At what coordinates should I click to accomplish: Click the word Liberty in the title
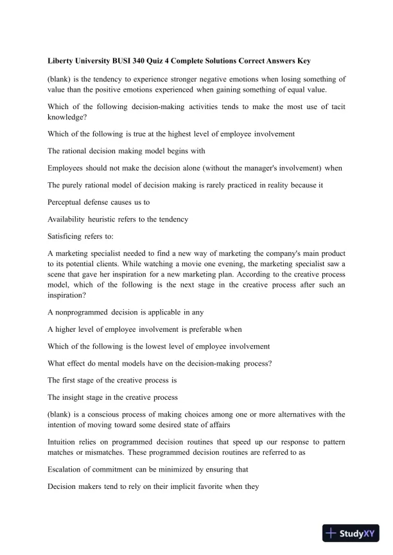click(62, 61)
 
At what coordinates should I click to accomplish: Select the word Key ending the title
click(302, 61)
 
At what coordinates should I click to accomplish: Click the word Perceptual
click(67, 202)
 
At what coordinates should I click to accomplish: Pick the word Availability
click(69, 219)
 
